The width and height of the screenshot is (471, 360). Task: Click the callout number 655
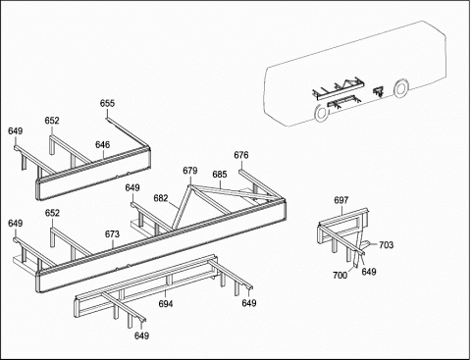(107, 103)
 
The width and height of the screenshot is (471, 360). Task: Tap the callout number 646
(103, 145)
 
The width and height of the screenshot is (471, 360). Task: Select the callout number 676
(241, 155)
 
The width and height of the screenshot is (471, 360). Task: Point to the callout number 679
(190, 171)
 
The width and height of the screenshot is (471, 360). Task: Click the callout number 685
(220, 175)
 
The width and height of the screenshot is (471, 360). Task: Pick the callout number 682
(161, 198)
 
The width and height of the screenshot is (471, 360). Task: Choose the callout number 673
(112, 234)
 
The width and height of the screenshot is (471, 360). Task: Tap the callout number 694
(166, 304)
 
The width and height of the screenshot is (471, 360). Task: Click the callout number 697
(341, 200)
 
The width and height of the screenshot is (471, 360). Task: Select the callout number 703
(386, 245)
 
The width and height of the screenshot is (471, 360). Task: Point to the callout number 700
(340, 276)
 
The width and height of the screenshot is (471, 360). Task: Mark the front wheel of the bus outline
(401, 87)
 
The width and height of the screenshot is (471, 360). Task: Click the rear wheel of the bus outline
(321, 113)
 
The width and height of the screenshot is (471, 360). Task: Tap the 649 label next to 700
(369, 272)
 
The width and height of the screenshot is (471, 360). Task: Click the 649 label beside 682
(132, 188)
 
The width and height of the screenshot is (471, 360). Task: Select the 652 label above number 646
(52, 121)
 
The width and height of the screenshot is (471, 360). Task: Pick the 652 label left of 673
(52, 213)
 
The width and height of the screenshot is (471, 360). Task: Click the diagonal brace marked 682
(182, 207)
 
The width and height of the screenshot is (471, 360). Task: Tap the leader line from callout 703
(374, 245)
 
